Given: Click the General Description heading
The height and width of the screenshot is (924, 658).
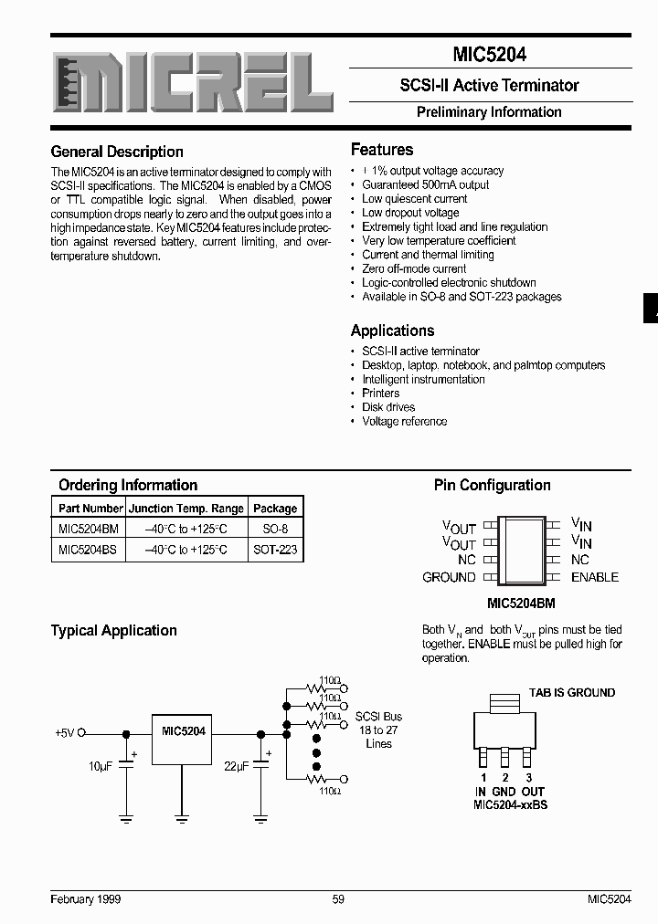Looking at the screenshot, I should (117, 152).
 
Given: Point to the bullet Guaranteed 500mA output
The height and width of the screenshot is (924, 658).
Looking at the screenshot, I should (425, 184).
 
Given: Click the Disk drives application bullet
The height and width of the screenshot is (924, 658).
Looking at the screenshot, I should (388, 407).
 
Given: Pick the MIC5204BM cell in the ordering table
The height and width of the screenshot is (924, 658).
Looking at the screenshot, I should (89, 528).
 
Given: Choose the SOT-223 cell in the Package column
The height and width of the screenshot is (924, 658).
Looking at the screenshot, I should (275, 550).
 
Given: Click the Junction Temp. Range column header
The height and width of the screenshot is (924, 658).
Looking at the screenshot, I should (186, 509).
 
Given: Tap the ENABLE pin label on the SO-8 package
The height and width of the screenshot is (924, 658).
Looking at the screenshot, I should (594, 577).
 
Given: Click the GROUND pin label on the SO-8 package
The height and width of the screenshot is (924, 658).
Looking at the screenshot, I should (449, 577).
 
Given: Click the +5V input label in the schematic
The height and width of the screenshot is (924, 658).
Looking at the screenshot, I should (64, 732).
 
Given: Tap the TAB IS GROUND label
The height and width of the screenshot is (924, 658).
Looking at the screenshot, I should (572, 693).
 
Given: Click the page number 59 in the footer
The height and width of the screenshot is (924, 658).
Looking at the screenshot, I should (338, 899).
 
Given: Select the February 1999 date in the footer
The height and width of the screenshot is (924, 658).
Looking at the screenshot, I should (86, 899).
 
